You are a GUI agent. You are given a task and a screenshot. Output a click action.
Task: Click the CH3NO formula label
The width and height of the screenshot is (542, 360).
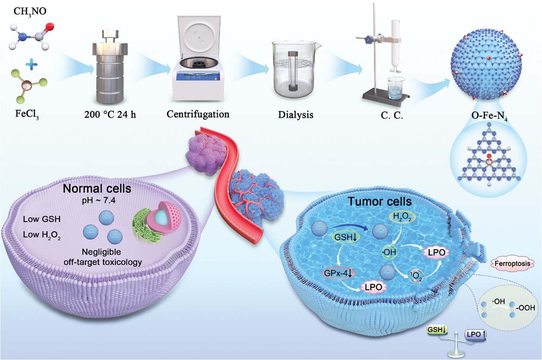tap(30, 11)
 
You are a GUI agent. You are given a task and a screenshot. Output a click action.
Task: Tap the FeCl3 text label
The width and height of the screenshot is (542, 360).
tap(27, 114)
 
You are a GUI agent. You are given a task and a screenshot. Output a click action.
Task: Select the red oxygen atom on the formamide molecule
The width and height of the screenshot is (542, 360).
tap(50, 27)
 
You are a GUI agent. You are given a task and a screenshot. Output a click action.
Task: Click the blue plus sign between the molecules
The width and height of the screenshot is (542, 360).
tap(31, 65)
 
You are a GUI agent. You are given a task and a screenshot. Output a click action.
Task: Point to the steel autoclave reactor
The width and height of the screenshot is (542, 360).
tap(110, 66)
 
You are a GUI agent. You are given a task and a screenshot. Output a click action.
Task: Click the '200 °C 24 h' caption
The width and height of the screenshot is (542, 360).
tap(110, 115)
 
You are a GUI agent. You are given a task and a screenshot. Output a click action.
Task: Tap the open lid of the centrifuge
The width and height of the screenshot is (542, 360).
tap(199, 36)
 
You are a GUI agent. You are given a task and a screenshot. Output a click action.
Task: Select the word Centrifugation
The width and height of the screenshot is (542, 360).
tap(198, 114)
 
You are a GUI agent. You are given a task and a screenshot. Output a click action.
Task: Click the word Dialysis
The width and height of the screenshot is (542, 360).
tap(295, 115)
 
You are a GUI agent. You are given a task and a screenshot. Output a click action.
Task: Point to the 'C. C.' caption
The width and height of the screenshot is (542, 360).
tap(392, 115)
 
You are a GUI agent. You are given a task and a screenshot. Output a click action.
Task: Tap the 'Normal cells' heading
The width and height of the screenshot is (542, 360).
tap(97, 189)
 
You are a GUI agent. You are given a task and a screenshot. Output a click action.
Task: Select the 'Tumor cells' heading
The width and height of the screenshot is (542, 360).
tap(380, 201)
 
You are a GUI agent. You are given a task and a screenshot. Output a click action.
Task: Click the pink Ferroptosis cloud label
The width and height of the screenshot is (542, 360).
tap(512, 264)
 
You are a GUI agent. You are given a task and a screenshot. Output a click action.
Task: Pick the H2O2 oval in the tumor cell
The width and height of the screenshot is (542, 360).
tap(402, 217)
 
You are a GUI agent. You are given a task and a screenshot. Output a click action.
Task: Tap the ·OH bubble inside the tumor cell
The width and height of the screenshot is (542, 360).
tap(389, 252)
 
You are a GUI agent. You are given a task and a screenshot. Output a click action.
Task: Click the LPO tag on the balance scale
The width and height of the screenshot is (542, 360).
tap(475, 335)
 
